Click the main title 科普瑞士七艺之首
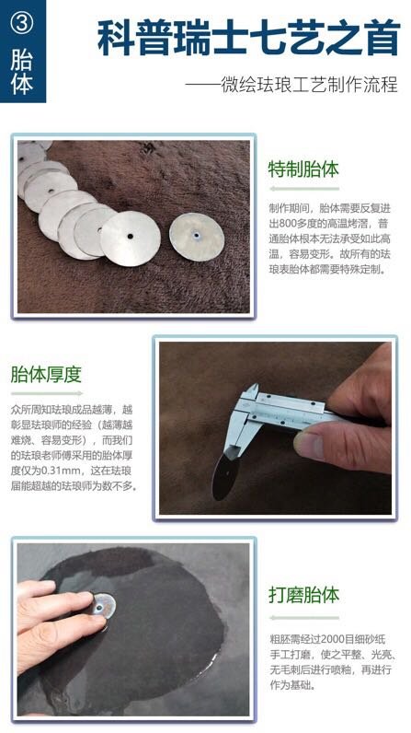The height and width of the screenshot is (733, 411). tap(249, 38)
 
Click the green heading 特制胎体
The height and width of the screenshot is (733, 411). tap(303, 170)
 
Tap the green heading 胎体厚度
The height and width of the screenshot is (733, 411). tap(47, 374)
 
